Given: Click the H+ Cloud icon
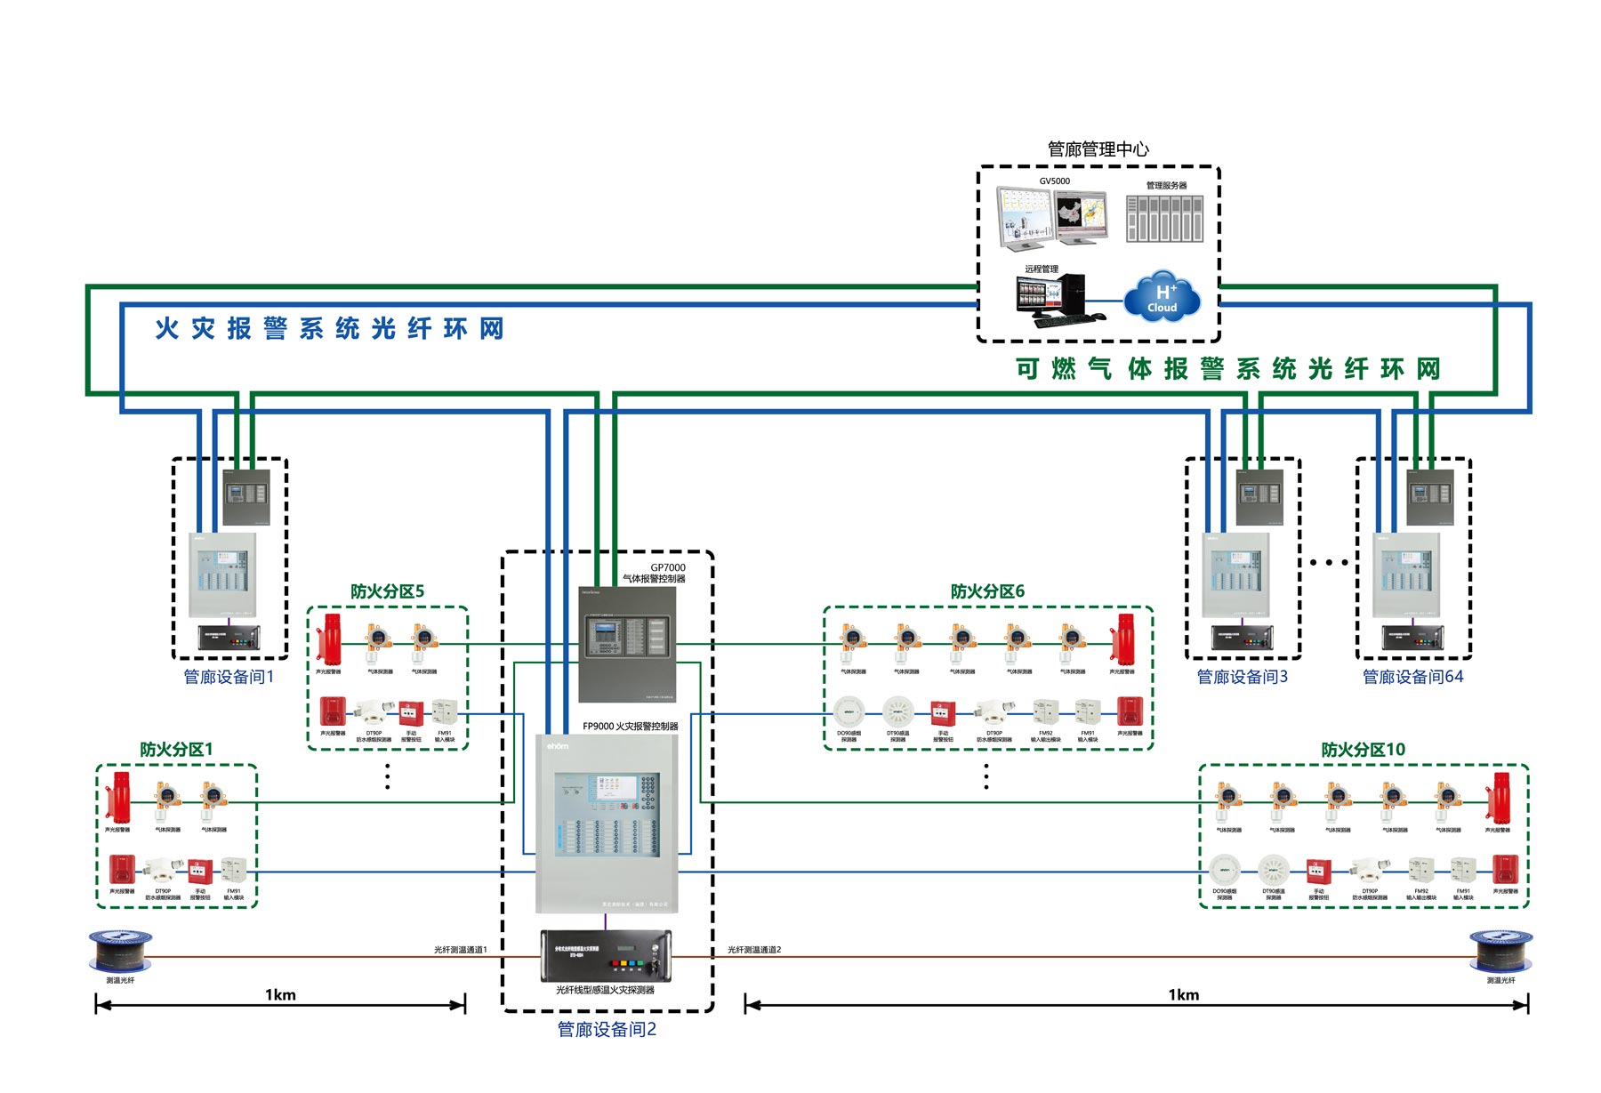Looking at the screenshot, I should point(1162,297).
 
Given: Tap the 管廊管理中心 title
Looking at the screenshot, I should point(1098,149).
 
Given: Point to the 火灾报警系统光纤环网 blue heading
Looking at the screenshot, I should point(329,329).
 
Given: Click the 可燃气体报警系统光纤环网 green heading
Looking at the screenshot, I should point(1227,369).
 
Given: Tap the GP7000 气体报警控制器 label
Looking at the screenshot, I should point(655,573).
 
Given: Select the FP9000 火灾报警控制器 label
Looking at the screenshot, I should point(630,727).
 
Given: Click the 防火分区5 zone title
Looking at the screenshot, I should point(387,591).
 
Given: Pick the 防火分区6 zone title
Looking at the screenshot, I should point(987,591).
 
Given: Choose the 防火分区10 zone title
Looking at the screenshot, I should point(1363,750).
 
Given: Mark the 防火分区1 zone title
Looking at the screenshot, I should point(176,750).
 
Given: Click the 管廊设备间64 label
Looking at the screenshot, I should point(1412,677).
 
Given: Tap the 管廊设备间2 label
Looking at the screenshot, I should point(607,1029).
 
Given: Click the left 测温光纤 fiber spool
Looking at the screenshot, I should point(120,951).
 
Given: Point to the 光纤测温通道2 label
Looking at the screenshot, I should point(754,950).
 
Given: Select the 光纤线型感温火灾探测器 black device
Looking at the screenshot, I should point(606,956).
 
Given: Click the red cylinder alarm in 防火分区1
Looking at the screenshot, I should point(119,796).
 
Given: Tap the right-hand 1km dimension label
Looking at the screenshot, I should point(1183,995).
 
